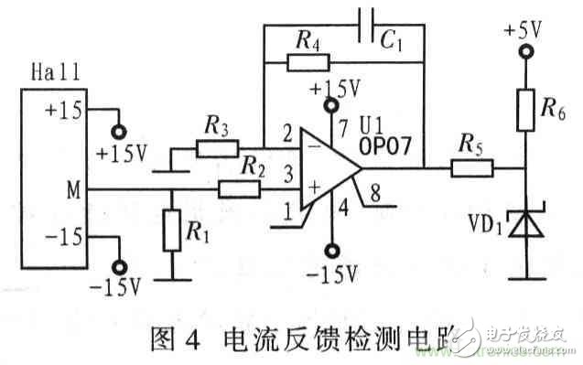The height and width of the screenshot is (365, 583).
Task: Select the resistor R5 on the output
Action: click(x=471, y=166)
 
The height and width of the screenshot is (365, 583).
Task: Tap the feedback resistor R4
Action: click(x=308, y=63)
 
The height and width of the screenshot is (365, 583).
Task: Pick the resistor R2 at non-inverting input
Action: click(x=238, y=188)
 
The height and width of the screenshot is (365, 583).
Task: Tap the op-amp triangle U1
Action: click(x=329, y=166)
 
